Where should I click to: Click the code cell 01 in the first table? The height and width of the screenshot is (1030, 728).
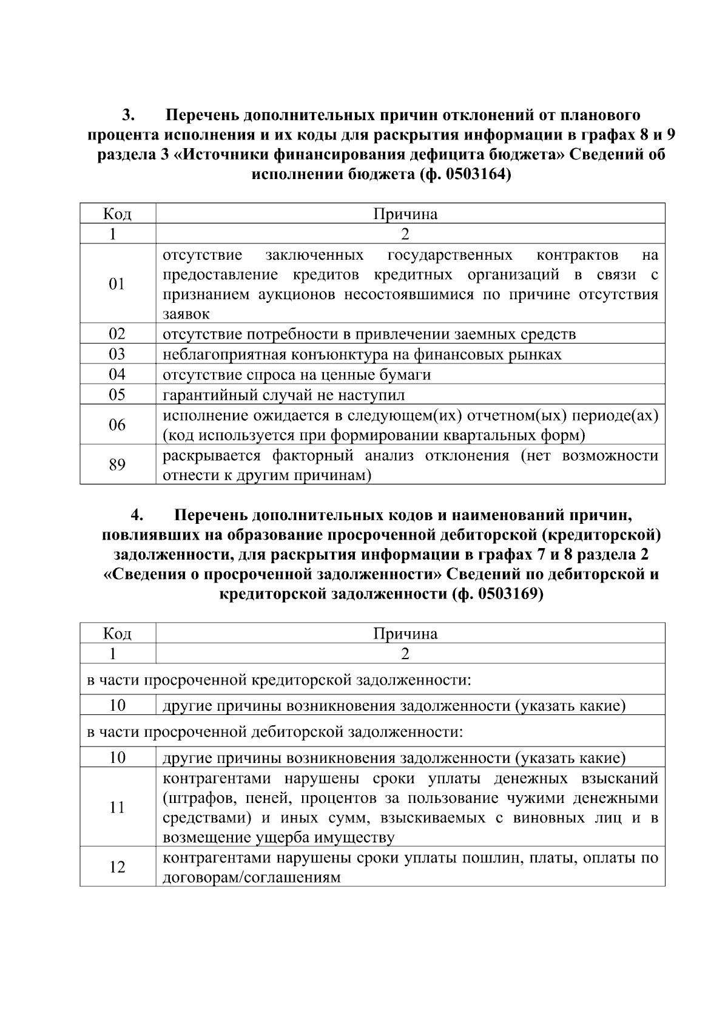117,284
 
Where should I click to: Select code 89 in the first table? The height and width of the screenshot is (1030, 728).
117,465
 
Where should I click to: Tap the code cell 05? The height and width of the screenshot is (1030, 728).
117,395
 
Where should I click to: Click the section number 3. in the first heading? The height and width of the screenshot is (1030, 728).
128,115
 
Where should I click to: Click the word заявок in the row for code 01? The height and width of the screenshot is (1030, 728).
186,314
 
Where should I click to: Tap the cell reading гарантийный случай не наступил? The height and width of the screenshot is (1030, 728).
284,395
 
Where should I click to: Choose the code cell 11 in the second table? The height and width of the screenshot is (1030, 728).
117,807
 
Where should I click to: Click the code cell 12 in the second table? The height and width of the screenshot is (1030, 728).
117,867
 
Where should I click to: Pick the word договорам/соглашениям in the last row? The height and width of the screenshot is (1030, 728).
252,877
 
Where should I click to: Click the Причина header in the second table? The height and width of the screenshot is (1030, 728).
405,634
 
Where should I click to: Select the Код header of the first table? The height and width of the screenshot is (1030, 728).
117,214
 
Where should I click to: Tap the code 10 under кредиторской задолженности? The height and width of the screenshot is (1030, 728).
117,706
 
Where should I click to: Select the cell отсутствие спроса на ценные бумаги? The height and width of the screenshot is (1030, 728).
297,375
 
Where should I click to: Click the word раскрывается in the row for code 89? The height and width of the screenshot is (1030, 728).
212,456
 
